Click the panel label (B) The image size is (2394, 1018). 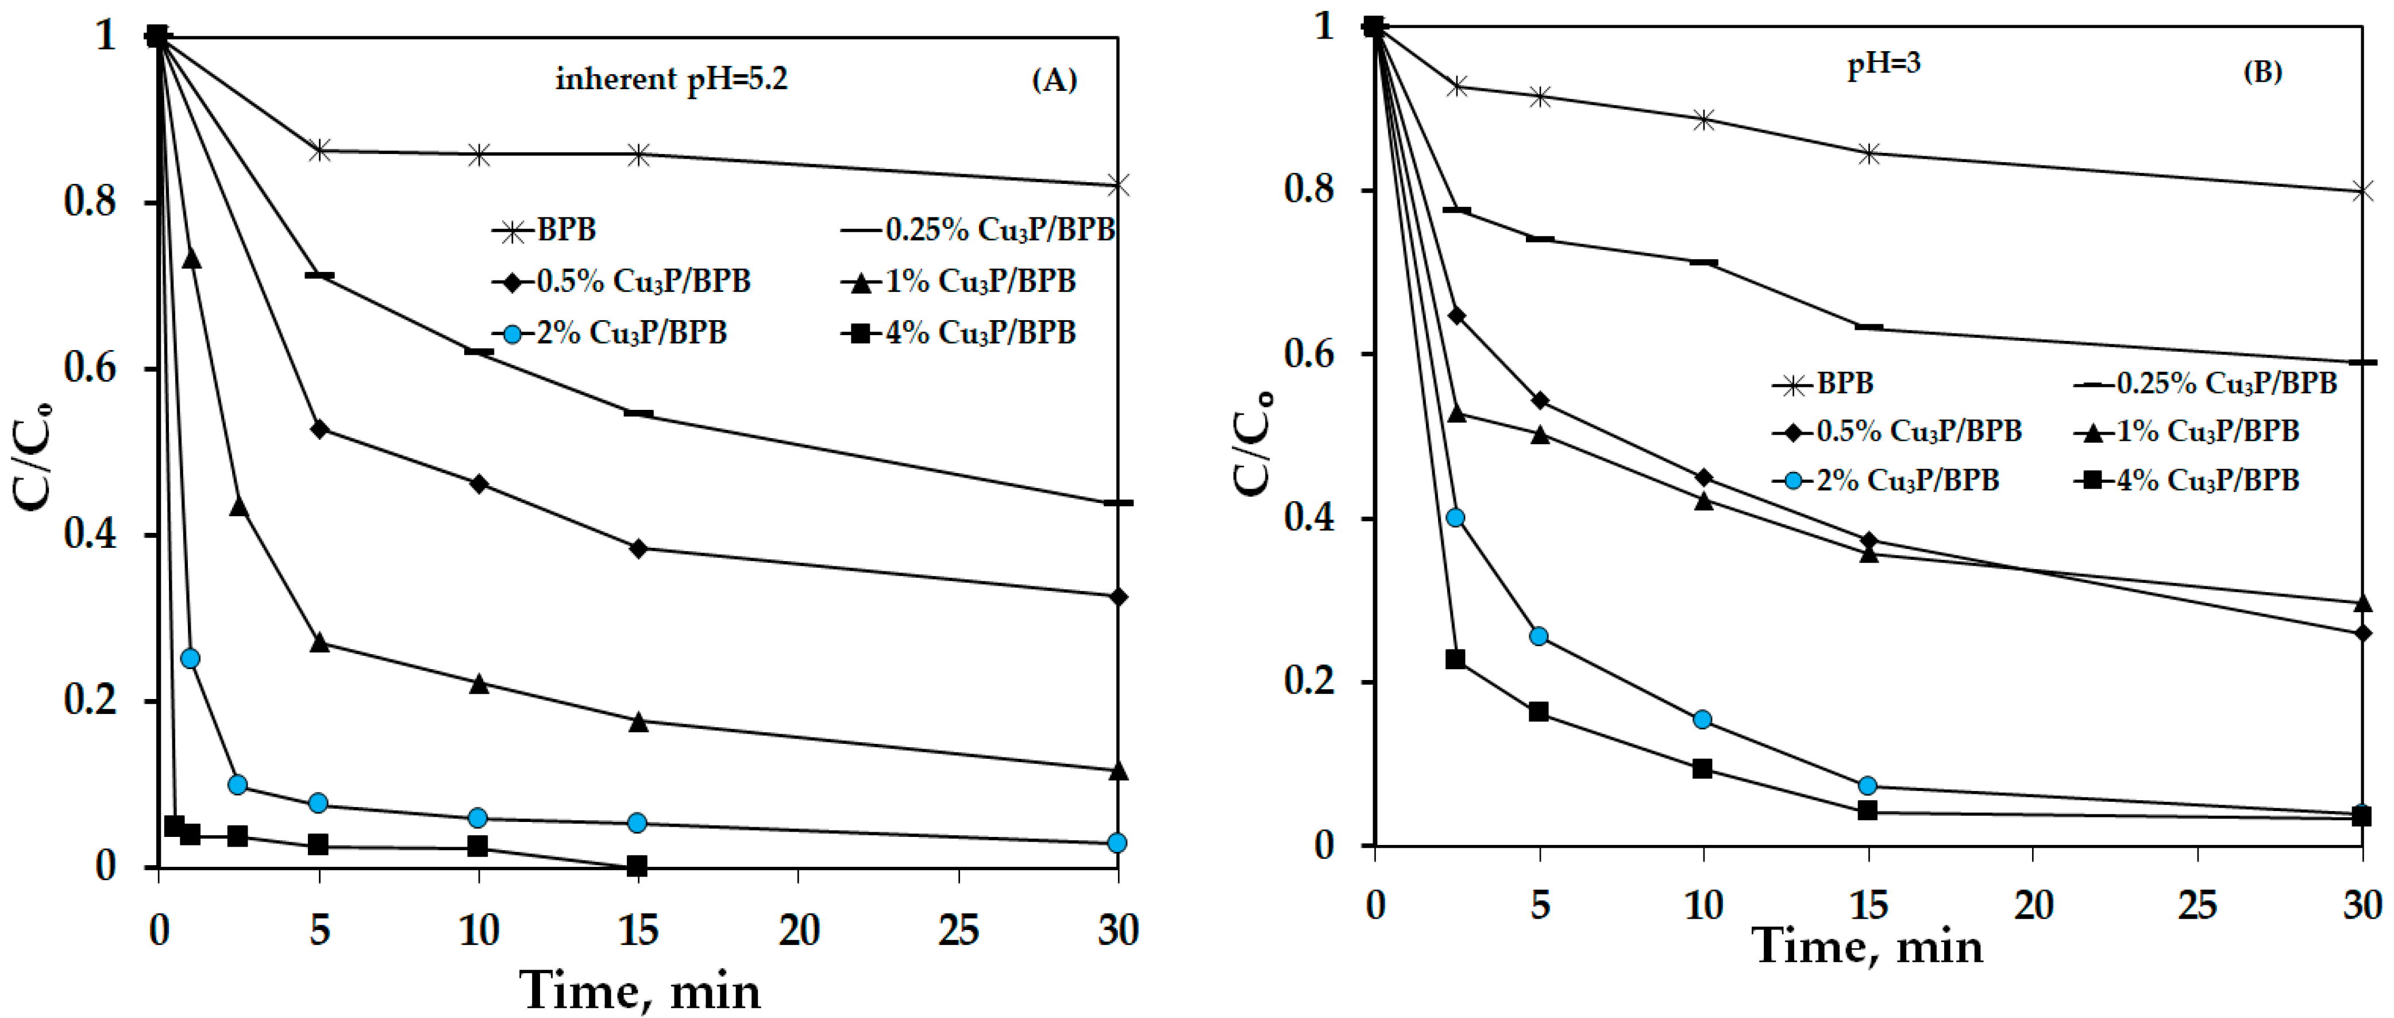coord(2262,72)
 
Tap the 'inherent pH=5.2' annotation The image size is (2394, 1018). coord(671,79)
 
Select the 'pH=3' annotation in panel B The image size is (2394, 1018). coord(1883,64)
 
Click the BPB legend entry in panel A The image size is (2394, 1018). coord(546,229)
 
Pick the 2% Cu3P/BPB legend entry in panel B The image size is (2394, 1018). coord(1887,481)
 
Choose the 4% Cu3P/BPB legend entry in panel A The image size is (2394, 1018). coord(959,333)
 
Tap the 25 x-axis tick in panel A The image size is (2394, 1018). coord(958,929)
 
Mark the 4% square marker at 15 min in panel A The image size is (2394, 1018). coord(638,866)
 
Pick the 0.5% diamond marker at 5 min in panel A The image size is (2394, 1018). coord(319,429)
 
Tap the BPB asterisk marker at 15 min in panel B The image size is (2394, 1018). coord(1869,153)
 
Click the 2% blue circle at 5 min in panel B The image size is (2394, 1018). coord(1539,636)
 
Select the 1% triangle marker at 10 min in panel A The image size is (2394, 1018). coord(479,683)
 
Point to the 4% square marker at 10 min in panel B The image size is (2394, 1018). coord(1702,769)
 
